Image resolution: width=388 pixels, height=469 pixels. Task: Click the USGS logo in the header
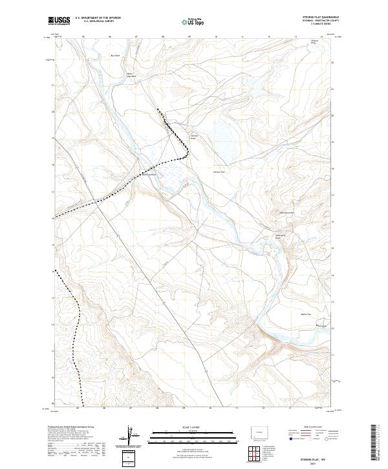click(x=59, y=21)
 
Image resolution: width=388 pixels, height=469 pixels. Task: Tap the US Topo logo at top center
click(x=186, y=21)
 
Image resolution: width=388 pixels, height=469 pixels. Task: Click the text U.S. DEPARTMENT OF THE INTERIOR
click(x=98, y=19)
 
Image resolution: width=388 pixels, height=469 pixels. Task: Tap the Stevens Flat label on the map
click(x=218, y=172)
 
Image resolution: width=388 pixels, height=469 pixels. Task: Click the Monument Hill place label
click(x=286, y=213)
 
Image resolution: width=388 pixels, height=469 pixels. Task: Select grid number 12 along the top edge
click(x=268, y=37)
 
